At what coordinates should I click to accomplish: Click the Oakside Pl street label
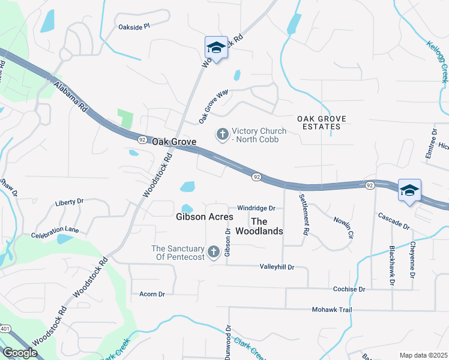[134, 27]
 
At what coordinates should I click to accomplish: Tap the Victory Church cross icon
[223, 133]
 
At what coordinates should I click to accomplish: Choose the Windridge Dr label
[256, 208]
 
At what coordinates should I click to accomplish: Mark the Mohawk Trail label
[331, 310]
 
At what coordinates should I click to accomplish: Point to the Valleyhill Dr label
[277, 266]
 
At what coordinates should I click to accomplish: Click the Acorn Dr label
[152, 294]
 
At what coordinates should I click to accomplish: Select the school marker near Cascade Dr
[409, 191]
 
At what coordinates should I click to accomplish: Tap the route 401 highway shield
[5, 329]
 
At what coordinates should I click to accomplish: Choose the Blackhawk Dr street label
[392, 265]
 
